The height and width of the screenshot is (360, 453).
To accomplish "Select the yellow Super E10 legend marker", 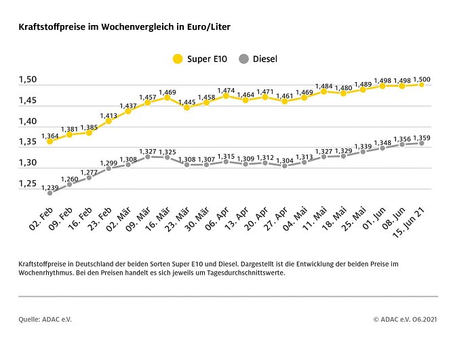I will (178, 59).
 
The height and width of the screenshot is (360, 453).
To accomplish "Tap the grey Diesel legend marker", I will (244, 59).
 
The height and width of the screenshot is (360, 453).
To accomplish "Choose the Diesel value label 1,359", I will (421, 136).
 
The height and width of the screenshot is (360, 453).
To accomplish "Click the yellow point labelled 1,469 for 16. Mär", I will (167, 98).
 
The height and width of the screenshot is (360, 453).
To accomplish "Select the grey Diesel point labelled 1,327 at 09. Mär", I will (147, 157).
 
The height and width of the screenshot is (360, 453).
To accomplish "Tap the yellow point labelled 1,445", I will (186, 107).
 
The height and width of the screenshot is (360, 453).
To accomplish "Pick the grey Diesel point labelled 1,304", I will (285, 165).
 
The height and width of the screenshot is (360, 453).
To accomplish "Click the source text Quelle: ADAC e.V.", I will (45, 319).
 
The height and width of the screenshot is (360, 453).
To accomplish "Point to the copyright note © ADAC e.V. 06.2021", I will (405, 319).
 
